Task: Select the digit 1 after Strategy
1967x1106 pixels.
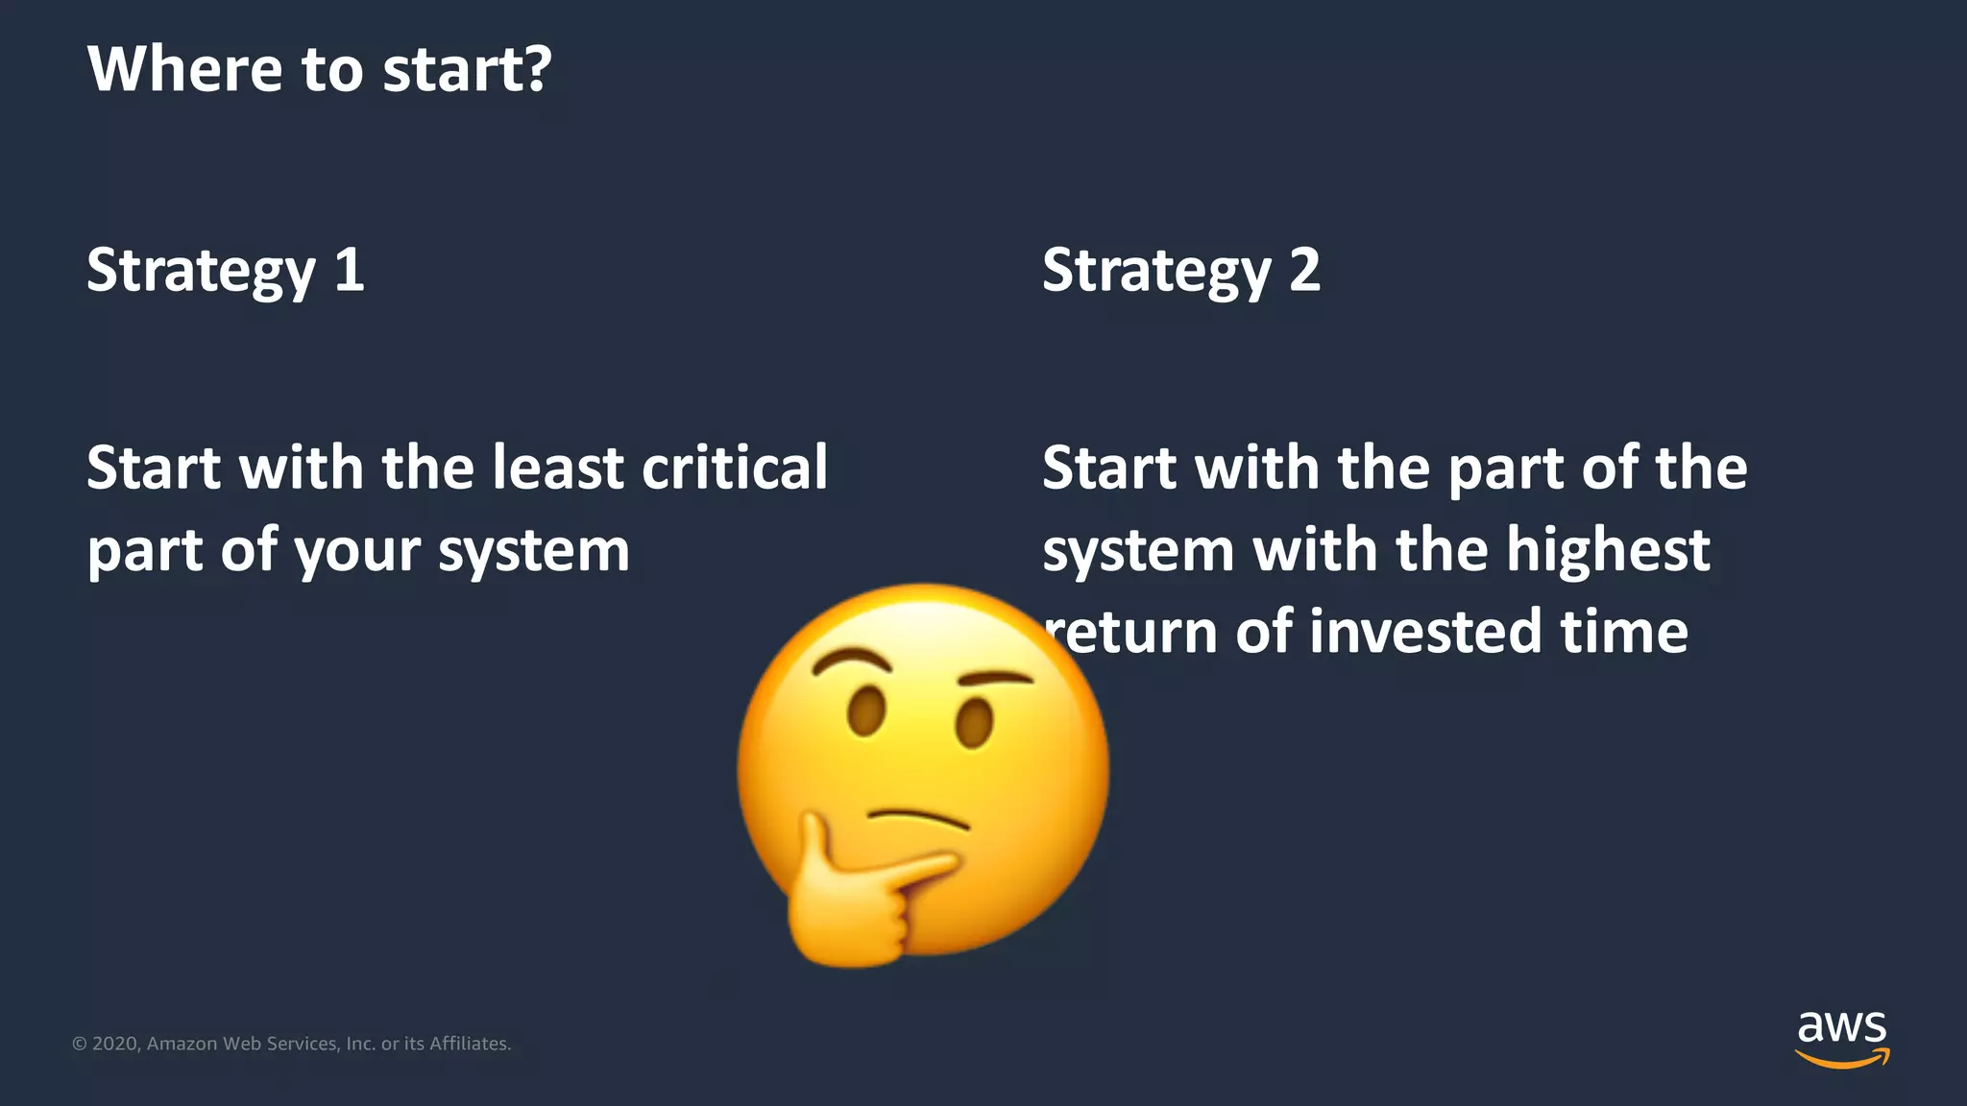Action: (x=350, y=270)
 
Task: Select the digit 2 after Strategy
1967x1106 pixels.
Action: (x=1304, y=270)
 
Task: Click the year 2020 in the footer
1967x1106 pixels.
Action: (x=116, y=1044)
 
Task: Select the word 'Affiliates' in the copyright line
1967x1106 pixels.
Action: (x=468, y=1044)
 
